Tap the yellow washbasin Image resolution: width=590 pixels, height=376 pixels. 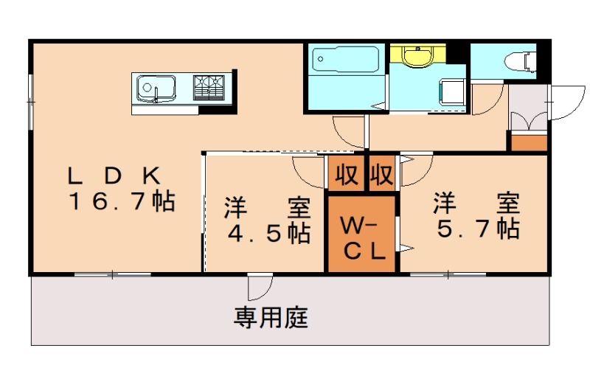coord(418,55)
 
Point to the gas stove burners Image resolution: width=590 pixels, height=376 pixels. coord(210,87)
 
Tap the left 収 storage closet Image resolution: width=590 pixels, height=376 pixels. coord(347,175)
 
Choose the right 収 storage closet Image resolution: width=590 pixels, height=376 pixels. coord(381,175)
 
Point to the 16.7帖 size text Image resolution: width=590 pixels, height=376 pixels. coord(122,201)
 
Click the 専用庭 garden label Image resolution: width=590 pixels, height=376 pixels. coord(271,318)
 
